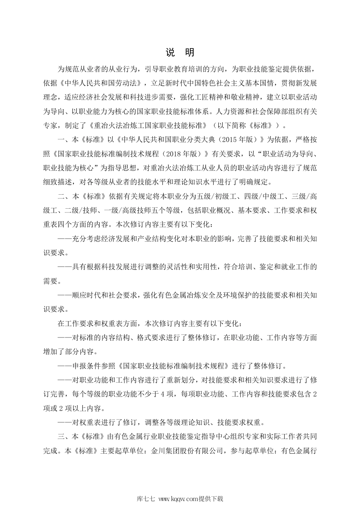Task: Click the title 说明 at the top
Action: tap(180, 52)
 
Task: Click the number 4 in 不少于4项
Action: tap(162, 394)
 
